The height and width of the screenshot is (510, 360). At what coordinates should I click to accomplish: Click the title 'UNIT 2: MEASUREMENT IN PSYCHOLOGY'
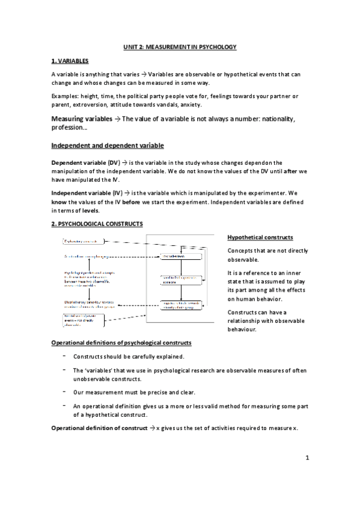[180, 47]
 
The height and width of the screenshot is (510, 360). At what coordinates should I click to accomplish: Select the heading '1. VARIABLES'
[70, 61]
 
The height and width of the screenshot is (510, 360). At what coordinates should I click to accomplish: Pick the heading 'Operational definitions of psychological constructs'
[121, 343]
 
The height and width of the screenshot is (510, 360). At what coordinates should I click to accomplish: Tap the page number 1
[307, 459]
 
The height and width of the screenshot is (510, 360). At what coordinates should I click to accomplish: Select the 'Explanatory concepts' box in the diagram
[83, 241]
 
